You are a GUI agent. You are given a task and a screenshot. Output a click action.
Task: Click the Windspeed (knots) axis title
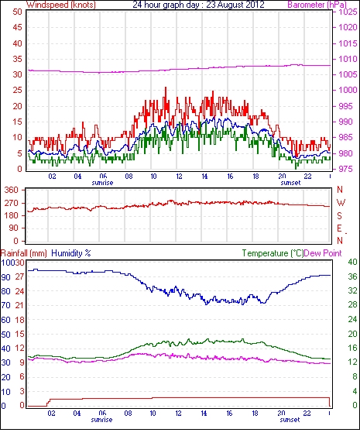(61, 5)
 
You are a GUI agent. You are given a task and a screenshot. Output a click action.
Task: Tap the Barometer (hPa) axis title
(317, 5)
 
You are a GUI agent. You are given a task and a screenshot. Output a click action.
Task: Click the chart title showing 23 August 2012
(198, 5)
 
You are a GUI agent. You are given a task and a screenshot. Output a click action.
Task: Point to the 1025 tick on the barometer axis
(348, 12)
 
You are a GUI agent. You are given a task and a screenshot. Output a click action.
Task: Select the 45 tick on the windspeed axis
(17, 28)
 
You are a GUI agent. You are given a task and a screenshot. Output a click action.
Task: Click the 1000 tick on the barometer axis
(348, 90)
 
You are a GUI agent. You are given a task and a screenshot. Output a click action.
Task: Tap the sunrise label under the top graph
(102, 183)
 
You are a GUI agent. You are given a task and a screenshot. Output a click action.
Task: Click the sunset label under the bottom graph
(290, 420)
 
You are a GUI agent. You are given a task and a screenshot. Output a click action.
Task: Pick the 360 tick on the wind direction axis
(12, 191)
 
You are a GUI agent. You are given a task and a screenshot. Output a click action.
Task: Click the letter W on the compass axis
(341, 203)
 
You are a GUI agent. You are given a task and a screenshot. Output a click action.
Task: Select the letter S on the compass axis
(339, 215)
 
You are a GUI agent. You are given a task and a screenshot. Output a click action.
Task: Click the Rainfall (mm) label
(24, 253)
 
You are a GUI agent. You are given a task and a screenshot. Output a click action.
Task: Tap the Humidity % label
(71, 253)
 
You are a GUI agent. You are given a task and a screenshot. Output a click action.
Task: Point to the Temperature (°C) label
(273, 253)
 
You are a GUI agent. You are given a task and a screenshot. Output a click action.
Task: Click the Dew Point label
(323, 253)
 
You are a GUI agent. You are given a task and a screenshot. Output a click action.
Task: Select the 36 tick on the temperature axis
(352, 276)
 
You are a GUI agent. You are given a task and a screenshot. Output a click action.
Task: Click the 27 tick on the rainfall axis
(19, 277)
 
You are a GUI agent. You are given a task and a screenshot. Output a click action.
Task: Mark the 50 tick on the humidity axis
(6, 335)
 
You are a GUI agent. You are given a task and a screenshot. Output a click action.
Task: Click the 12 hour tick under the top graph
(179, 177)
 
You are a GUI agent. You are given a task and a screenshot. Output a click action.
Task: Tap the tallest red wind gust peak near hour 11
(166, 88)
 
